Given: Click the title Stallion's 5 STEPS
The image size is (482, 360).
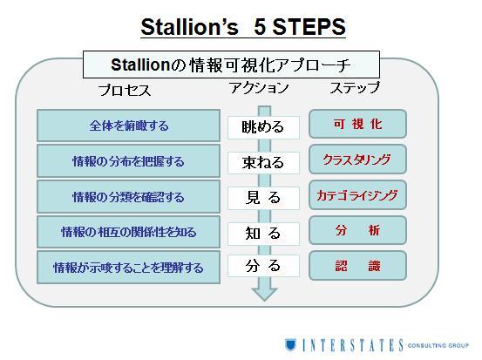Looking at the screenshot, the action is tap(243, 27).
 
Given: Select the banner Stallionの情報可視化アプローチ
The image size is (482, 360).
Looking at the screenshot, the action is tap(231, 65).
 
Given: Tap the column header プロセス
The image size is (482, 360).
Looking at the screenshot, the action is tap(125, 91).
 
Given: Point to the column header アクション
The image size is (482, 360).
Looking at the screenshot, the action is tap(259, 88).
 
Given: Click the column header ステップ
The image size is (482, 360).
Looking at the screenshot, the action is tap(355, 88).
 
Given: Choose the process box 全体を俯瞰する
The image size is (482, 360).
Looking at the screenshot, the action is tap(128, 126).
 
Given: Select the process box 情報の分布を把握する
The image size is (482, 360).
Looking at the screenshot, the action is tap(128, 161).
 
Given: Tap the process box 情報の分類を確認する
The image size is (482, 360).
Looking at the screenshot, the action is tap(128, 197).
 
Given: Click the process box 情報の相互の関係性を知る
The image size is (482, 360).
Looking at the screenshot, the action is tap(128, 232).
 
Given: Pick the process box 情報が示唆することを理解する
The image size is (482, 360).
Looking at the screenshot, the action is tap(128, 267).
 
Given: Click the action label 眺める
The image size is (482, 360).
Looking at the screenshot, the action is tap(263, 127).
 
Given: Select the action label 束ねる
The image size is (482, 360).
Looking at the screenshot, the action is tap(263, 163).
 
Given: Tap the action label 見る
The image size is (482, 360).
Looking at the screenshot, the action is tap(263, 198).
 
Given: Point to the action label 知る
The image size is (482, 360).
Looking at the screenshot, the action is tap(263, 234).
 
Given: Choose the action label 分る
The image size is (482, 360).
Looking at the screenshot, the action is tap(263, 266).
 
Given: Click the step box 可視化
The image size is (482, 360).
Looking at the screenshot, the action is tap(358, 124).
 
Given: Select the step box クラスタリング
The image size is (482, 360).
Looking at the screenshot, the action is tap(358, 160).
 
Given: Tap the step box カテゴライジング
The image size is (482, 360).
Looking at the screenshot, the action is tap(358, 195).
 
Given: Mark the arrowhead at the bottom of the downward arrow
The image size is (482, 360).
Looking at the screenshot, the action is tap(264, 300).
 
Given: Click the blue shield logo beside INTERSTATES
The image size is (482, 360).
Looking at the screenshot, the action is tap(290, 344).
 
